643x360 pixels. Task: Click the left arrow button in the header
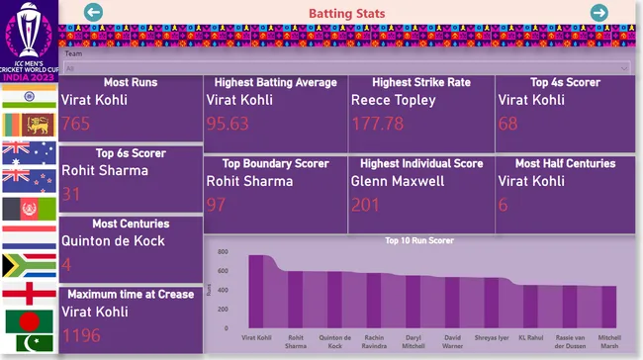click(94, 12)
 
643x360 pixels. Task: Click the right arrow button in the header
click(598, 12)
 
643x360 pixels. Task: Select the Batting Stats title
click(346, 13)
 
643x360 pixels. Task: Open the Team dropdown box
click(346, 68)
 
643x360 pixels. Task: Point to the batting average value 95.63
click(228, 124)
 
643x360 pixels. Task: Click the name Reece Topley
click(393, 100)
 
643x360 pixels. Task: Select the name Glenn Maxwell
click(397, 181)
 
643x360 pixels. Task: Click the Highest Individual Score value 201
click(365, 205)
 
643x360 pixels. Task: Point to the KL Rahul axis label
click(530, 337)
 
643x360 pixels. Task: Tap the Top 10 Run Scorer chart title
click(419, 240)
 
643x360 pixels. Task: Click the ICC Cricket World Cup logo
click(30, 40)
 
